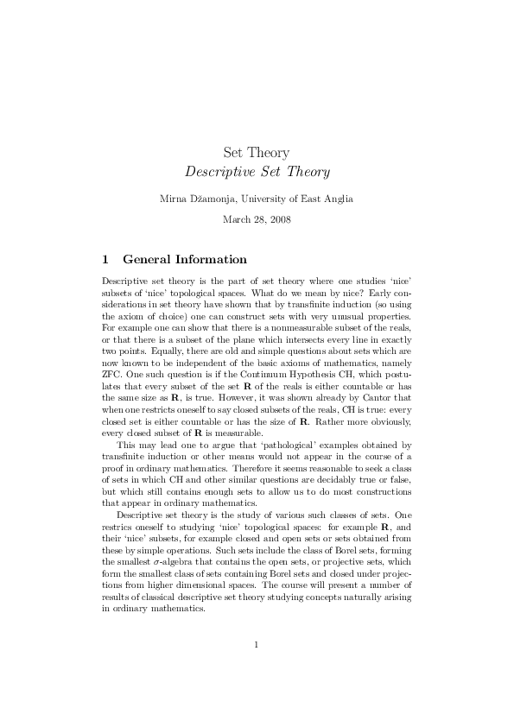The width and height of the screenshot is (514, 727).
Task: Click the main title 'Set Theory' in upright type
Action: click(257, 153)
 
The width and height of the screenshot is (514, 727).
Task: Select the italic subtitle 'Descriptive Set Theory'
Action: click(257, 172)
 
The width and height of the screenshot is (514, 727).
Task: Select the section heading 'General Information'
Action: click(185, 259)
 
